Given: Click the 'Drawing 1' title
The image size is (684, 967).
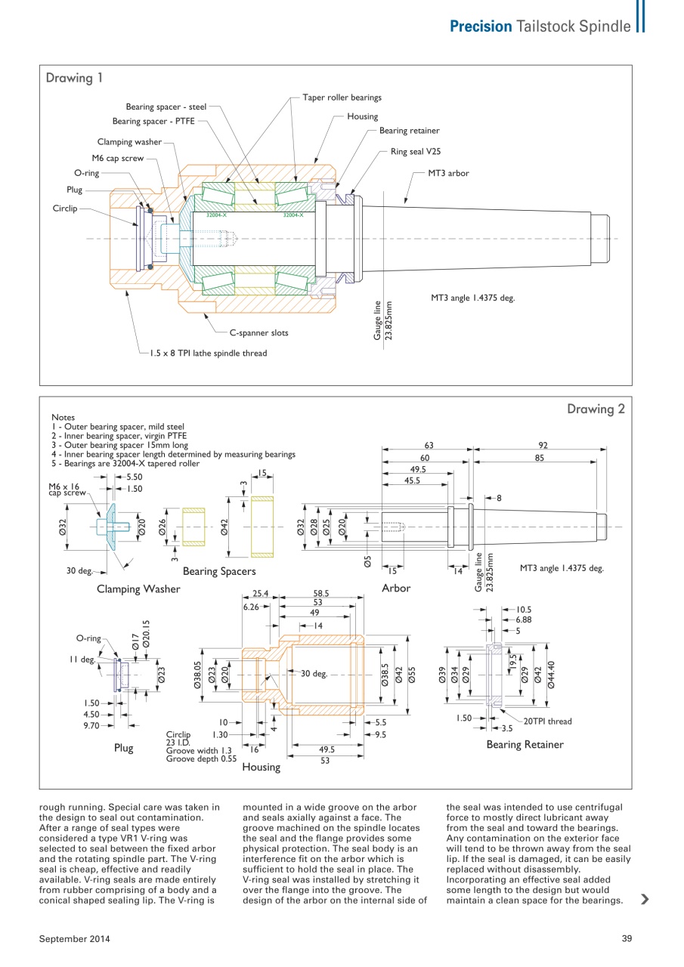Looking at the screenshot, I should (x=74, y=78).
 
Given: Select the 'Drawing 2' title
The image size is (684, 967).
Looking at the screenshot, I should (x=596, y=409).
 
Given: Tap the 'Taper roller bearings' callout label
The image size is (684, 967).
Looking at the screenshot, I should (x=342, y=97).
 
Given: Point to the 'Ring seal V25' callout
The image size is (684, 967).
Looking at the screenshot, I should (x=415, y=152).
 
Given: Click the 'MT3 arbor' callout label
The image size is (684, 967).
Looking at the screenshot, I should (x=448, y=173).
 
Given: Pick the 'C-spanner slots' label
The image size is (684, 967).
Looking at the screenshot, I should (x=258, y=332).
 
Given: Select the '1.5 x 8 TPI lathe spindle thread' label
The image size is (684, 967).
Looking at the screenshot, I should (x=208, y=353).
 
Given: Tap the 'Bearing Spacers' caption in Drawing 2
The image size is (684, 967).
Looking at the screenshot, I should (x=219, y=571).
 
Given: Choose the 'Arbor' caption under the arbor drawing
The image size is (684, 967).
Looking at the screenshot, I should (x=396, y=588).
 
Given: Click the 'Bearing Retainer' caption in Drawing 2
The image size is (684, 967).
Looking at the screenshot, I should (x=525, y=745).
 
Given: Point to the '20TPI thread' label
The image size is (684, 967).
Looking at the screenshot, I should (x=547, y=721).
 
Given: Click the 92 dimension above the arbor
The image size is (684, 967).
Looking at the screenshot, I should (x=542, y=446).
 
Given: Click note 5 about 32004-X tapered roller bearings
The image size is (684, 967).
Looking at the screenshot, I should (x=125, y=464).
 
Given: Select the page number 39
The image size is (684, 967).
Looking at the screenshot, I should (x=626, y=938).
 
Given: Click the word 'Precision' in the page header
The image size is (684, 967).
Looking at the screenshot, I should (x=481, y=26).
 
